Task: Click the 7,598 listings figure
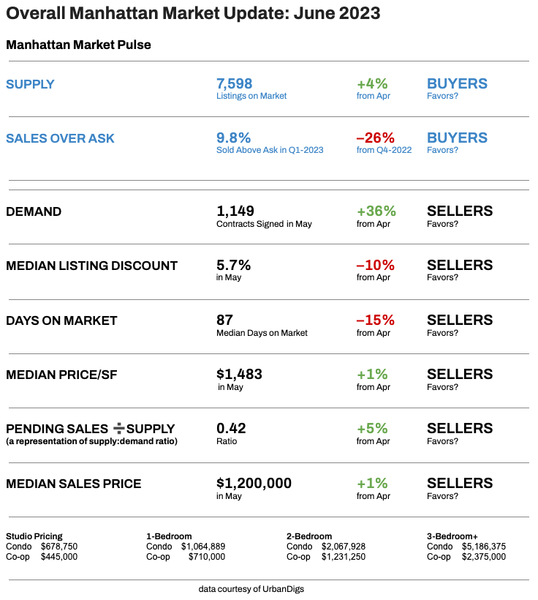coord(234,83)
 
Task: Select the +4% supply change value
coord(372,83)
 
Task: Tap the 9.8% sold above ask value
coord(233,138)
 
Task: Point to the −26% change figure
coord(375,138)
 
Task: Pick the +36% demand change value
coord(376,211)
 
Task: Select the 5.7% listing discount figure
coord(233,265)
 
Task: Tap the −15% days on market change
coord(375,320)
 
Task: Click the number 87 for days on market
coord(224,320)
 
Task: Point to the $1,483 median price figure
coord(239,374)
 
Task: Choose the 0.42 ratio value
coord(231,428)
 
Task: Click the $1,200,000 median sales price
coord(254,483)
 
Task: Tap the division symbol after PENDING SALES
coord(121,428)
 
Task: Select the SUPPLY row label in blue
coord(30,84)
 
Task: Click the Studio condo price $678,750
coord(59,547)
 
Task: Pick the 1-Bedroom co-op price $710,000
coord(207,557)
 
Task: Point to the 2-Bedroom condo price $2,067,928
coord(344,547)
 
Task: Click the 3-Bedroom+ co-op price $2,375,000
coord(484,557)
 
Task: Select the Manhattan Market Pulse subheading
coord(78,45)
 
